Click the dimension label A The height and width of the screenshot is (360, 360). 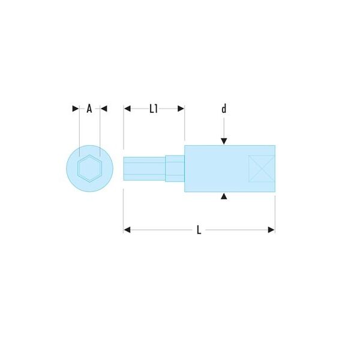tap(89, 109)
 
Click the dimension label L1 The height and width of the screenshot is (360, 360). tap(154, 109)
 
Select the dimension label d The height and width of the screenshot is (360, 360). tap(224, 109)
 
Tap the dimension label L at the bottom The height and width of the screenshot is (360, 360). tap(199, 230)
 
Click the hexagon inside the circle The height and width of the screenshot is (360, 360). tap(89, 169)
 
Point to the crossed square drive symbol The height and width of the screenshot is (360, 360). tap(262, 169)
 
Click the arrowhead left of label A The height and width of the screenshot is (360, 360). tap(76, 109)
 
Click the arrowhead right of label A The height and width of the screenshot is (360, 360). tap(104, 109)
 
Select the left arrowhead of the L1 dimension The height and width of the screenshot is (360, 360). tap(127, 109)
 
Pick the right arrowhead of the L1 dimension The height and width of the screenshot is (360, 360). tap(181, 109)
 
